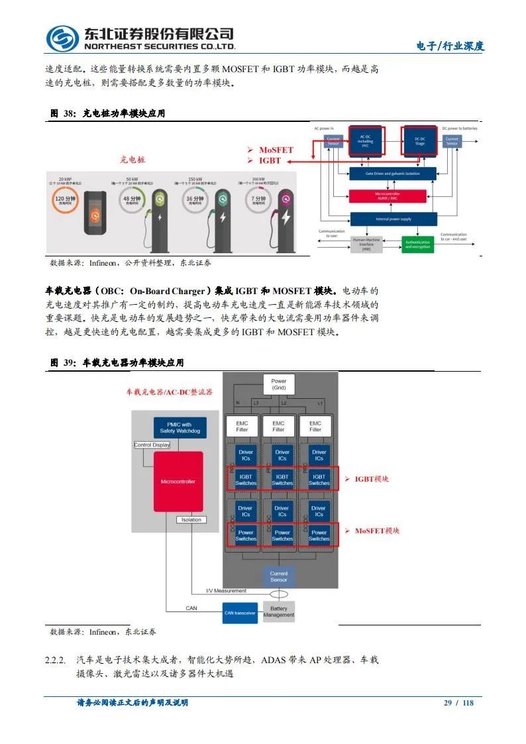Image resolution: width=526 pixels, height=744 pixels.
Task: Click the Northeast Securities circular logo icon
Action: pyautogui.click(x=62, y=38)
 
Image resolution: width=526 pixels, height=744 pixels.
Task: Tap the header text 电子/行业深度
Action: pyautogui.click(x=450, y=46)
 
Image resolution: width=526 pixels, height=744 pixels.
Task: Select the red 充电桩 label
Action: pyautogui.click(x=132, y=160)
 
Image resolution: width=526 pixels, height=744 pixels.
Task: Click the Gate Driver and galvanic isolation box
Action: pyautogui.click(x=392, y=174)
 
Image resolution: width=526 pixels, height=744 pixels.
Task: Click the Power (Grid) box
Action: pyautogui.click(x=279, y=384)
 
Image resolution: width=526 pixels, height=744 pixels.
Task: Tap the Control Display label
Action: pyautogui.click(x=152, y=445)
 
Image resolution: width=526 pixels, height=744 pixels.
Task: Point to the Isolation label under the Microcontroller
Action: pyautogui.click(x=191, y=520)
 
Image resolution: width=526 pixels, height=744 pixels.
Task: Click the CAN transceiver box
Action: pyautogui.click(x=240, y=613)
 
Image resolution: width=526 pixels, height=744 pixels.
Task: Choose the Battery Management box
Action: pyautogui.click(x=279, y=611)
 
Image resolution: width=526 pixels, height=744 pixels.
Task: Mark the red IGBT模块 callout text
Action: pyautogui.click(x=372, y=479)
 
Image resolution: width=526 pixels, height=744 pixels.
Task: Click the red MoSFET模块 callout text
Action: pyautogui.click(x=376, y=531)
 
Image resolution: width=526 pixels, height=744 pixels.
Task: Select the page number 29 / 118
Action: pyautogui.click(x=458, y=703)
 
